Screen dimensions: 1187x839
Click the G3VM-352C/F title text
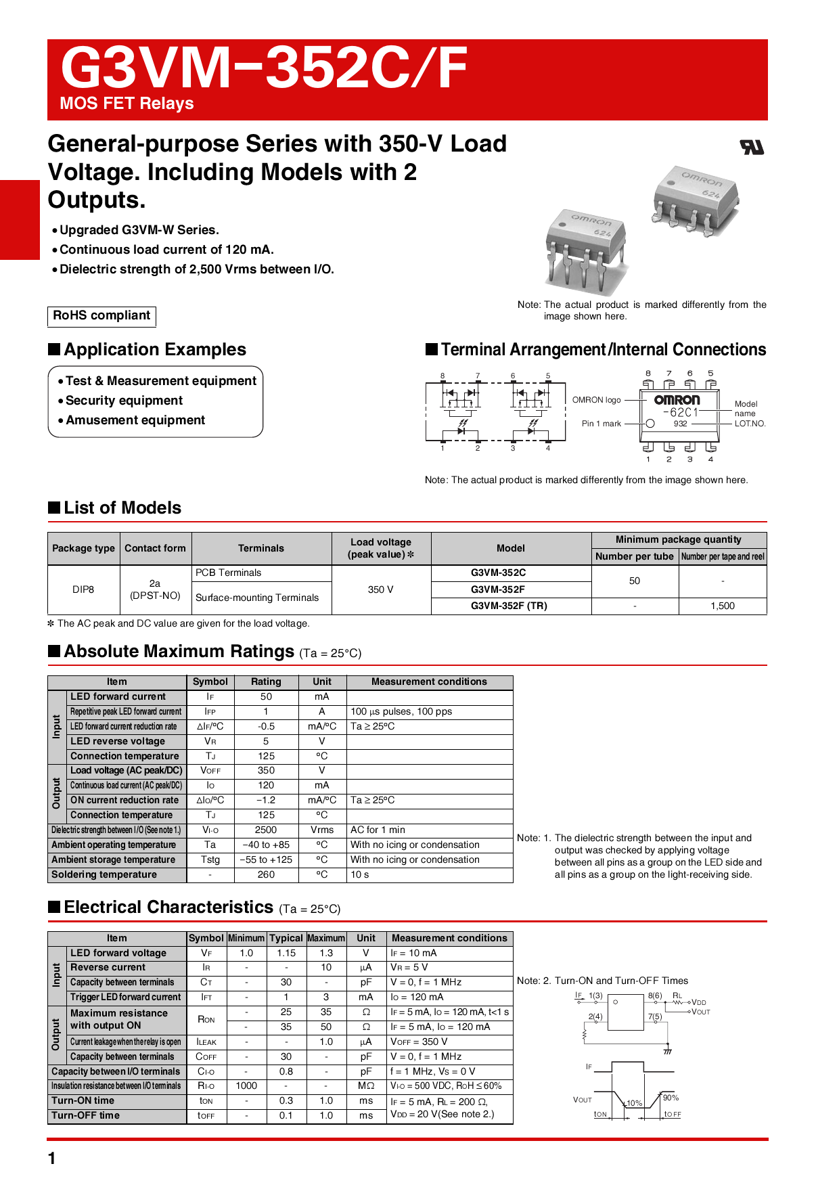click(264, 68)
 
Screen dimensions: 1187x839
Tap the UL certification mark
click(752, 147)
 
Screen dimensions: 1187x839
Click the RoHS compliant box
click(101, 315)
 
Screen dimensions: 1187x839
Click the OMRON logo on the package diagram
click(677, 400)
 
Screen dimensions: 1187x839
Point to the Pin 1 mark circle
click(650, 424)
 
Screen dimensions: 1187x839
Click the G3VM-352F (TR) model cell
click(509, 606)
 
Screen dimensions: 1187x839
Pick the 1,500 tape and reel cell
click(722, 606)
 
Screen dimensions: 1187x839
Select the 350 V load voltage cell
click(380, 589)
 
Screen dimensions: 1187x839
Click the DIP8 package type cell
click(83, 589)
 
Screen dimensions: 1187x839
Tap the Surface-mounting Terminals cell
click(257, 598)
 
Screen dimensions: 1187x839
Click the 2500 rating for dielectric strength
click(266, 830)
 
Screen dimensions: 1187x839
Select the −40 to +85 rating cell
click(266, 845)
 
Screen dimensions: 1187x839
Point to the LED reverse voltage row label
click(118, 741)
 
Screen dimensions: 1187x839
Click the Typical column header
click(286, 938)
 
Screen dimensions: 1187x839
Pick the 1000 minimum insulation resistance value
click(246, 1085)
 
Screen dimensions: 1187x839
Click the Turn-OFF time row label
click(86, 1115)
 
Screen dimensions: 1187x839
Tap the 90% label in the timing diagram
click(671, 1098)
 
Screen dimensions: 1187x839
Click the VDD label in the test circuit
click(699, 1002)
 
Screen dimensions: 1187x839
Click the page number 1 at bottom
click(52, 1159)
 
